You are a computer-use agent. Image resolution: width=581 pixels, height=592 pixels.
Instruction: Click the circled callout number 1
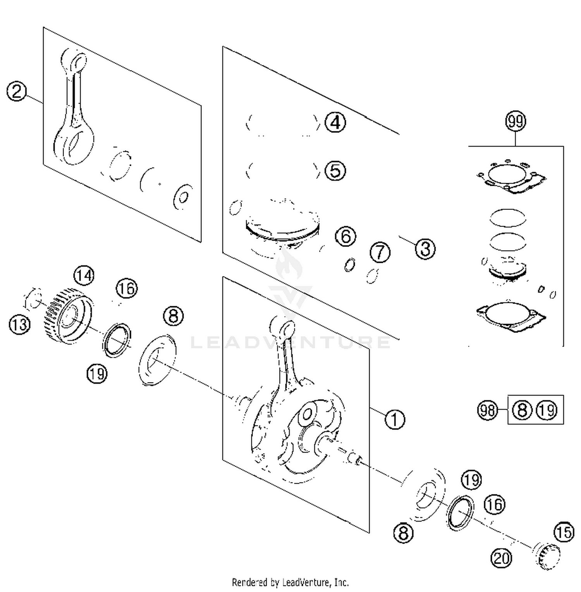(394, 419)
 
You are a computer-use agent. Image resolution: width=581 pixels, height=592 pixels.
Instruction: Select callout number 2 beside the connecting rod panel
(17, 92)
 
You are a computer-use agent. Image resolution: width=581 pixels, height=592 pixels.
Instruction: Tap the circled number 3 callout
(425, 249)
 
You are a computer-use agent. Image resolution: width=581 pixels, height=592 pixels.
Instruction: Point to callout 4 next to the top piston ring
(335, 122)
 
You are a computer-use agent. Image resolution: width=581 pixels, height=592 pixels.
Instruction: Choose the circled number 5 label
(335, 170)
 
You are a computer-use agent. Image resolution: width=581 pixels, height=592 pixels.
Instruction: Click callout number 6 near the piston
(346, 236)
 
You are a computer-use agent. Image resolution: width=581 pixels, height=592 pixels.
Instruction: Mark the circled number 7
(380, 252)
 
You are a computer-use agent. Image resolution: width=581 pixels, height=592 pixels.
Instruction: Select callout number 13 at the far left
(19, 324)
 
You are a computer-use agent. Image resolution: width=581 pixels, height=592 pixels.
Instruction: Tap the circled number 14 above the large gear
(84, 276)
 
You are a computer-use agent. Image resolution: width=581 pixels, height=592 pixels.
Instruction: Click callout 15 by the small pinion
(564, 532)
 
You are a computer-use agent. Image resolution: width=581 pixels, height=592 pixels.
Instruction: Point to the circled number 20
(501, 558)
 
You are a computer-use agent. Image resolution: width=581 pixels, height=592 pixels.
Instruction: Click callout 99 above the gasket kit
(516, 121)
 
